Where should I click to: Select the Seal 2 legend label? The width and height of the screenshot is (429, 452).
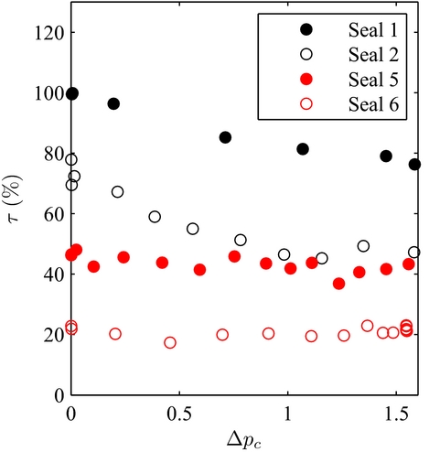coord(370,53)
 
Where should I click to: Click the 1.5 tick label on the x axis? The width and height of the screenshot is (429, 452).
coord(396,409)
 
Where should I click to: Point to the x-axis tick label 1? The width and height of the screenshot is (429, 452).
coord(288,409)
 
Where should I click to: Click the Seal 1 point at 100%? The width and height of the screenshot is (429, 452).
coord(72,93)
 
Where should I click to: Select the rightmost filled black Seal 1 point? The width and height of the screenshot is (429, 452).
coord(414,165)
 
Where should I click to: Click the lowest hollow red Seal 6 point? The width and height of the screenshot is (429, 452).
coord(170,343)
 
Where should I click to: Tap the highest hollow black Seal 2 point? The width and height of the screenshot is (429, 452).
coord(71,159)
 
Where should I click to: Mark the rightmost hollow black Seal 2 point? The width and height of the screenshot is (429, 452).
coord(414,253)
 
